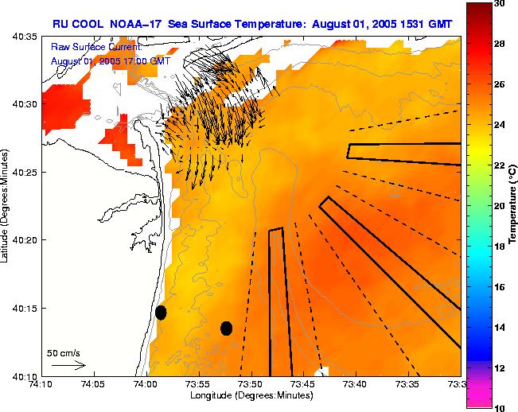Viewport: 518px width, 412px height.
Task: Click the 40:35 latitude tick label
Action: (x=25, y=37)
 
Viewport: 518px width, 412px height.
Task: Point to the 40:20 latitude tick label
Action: (x=25, y=240)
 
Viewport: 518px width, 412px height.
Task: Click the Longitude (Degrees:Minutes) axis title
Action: (x=251, y=396)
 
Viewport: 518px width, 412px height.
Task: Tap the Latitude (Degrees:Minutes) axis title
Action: (x=6, y=206)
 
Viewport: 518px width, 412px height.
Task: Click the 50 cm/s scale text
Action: (x=63, y=352)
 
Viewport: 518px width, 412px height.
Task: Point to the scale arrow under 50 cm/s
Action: (x=68, y=365)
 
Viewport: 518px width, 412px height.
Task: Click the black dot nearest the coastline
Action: (x=161, y=312)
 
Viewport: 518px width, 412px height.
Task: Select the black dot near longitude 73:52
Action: (x=226, y=328)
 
